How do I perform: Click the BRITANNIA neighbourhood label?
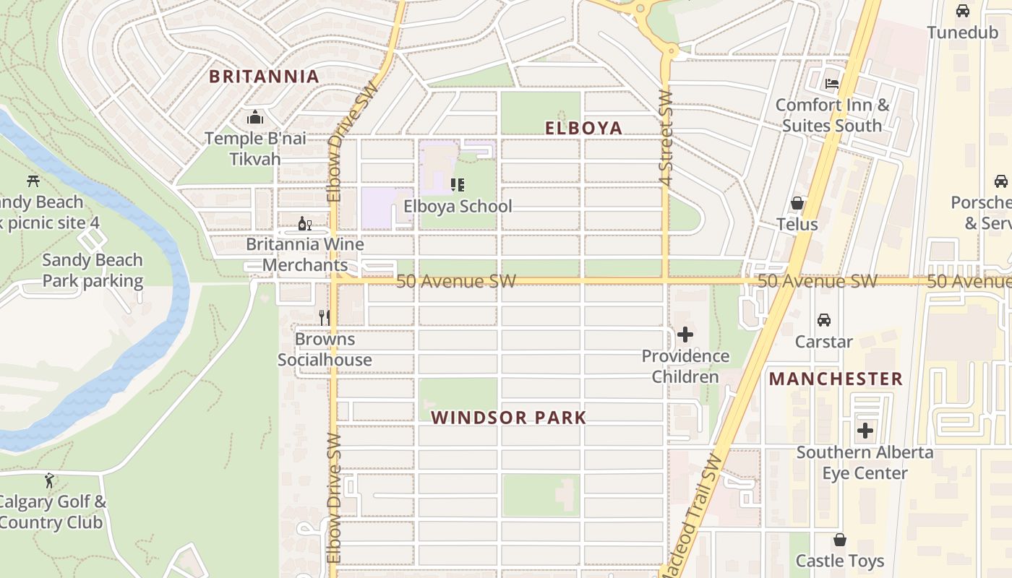pyautogui.click(x=264, y=77)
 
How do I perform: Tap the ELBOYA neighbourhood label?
pyautogui.click(x=583, y=129)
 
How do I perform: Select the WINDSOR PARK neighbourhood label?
pyautogui.click(x=509, y=418)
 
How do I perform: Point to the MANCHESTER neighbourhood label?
pyautogui.click(x=836, y=379)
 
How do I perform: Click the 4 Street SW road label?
pyautogui.click(x=666, y=137)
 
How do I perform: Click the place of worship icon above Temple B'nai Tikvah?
pyautogui.click(x=254, y=117)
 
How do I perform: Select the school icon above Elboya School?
pyautogui.click(x=457, y=185)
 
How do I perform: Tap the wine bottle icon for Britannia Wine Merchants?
pyautogui.click(x=304, y=223)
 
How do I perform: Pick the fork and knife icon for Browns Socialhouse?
pyautogui.click(x=325, y=318)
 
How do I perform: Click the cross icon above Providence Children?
pyautogui.click(x=685, y=335)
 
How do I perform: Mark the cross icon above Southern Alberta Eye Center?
pyautogui.click(x=865, y=431)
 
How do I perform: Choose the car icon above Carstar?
pyautogui.click(x=823, y=319)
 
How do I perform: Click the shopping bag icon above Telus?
pyautogui.click(x=797, y=203)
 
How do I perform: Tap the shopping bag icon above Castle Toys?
pyautogui.click(x=839, y=540)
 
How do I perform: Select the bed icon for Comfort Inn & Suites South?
pyautogui.click(x=832, y=83)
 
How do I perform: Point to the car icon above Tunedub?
pyautogui.click(x=962, y=11)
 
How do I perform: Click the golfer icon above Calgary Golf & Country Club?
pyautogui.click(x=49, y=480)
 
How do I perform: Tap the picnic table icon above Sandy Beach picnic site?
pyautogui.click(x=33, y=181)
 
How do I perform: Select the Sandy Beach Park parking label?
pyautogui.click(x=93, y=270)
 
